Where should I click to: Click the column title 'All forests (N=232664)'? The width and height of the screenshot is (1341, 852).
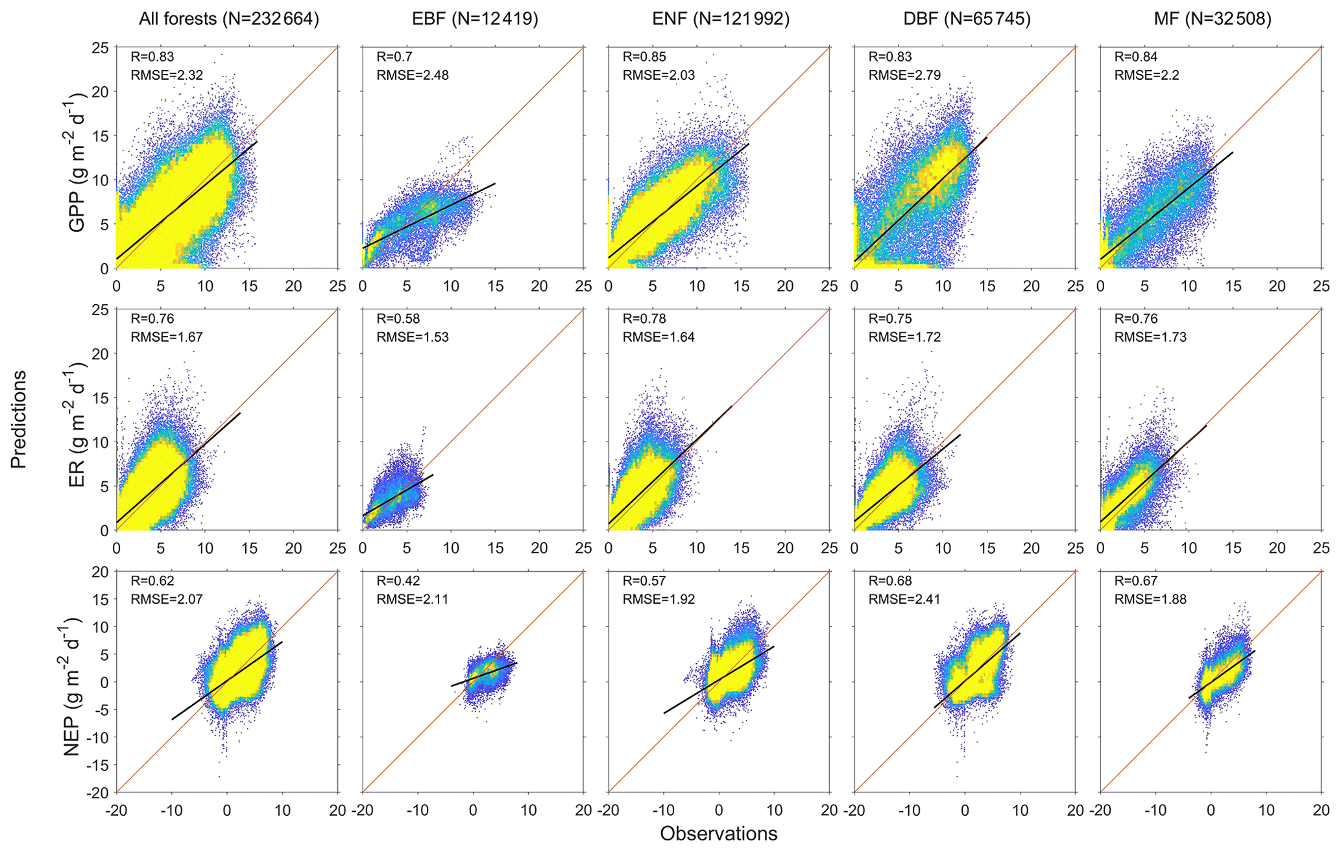pos(229,19)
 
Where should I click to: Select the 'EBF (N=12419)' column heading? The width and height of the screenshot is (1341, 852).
pos(475,19)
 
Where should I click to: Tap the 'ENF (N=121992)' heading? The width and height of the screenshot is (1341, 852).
pos(721,19)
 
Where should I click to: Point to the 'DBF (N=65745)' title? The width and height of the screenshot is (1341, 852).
pos(967,19)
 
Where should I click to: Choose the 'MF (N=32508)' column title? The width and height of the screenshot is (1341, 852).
pos(1213,19)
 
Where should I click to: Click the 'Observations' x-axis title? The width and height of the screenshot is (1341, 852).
pos(719,834)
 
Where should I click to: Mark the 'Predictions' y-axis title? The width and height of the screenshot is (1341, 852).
pos(19,419)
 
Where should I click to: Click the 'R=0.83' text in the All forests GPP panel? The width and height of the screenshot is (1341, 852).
pos(152,57)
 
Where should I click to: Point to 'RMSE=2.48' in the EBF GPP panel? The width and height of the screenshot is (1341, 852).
pos(413,75)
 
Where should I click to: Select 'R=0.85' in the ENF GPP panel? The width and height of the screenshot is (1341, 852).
pos(644,57)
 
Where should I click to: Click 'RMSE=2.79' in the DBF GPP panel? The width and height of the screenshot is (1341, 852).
pos(904,75)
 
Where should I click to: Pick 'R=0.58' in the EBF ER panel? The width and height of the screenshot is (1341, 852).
pos(398,319)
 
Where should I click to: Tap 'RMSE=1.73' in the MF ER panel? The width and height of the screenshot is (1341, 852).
pos(1150,337)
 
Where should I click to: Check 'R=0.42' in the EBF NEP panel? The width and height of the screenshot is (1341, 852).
pos(398,581)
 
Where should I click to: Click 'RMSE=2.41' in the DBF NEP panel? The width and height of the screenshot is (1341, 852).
pos(904,599)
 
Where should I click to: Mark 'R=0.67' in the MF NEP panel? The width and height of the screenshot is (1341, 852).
pos(1136,581)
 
